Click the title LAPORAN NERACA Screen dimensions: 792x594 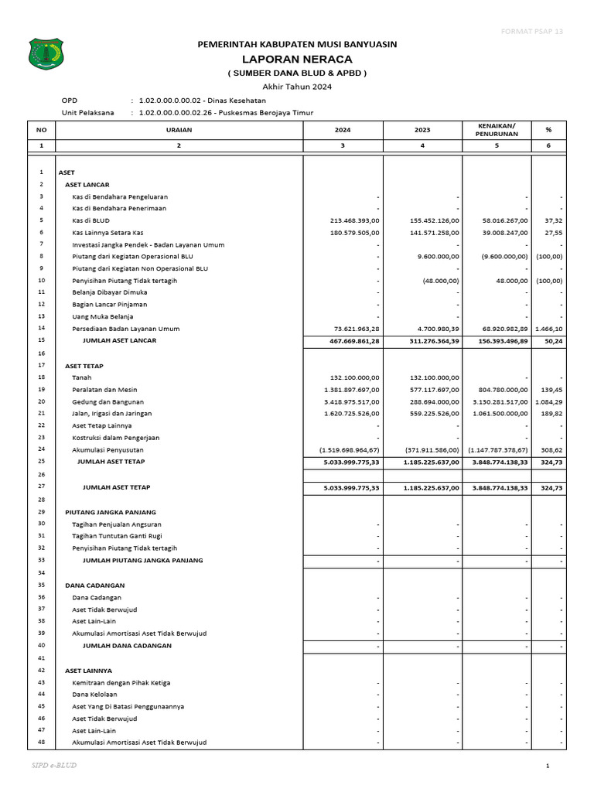pyautogui.click(x=297, y=59)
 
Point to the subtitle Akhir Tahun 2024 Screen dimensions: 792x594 pyautogui.click(x=297, y=87)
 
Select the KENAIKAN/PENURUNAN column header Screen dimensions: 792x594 pyautogui.click(x=497, y=129)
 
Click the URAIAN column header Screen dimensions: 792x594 pyautogui.click(x=179, y=129)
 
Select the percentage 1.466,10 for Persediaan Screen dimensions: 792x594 pyautogui.click(x=548, y=329)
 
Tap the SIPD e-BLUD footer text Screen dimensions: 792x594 pyautogui.click(x=54, y=765)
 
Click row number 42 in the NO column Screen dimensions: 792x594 pyautogui.click(x=41, y=670)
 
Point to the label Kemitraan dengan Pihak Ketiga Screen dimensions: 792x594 pyautogui.click(x=121, y=683)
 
